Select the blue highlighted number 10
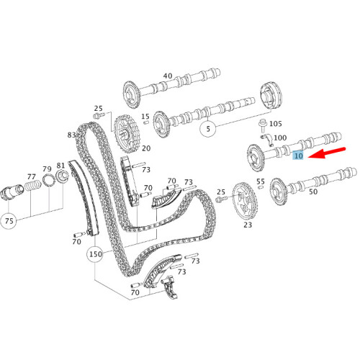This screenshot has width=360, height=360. (x=298, y=156)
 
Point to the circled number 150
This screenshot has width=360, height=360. (x=94, y=256)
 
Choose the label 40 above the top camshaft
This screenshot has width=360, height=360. (x=168, y=76)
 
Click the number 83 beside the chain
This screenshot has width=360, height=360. (x=72, y=135)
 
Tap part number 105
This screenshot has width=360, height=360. (x=276, y=124)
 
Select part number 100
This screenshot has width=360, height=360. (x=279, y=138)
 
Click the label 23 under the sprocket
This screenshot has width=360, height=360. (x=248, y=225)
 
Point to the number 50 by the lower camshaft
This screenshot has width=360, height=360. (x=312, y=192)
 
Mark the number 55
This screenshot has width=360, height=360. (x=261, y=181)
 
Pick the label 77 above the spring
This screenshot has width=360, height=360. (x=31, y=176)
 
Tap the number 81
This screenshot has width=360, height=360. (x=61, y=165)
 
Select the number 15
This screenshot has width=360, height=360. (x=145, y=117)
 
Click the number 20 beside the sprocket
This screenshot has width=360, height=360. (x=145, y=148)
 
